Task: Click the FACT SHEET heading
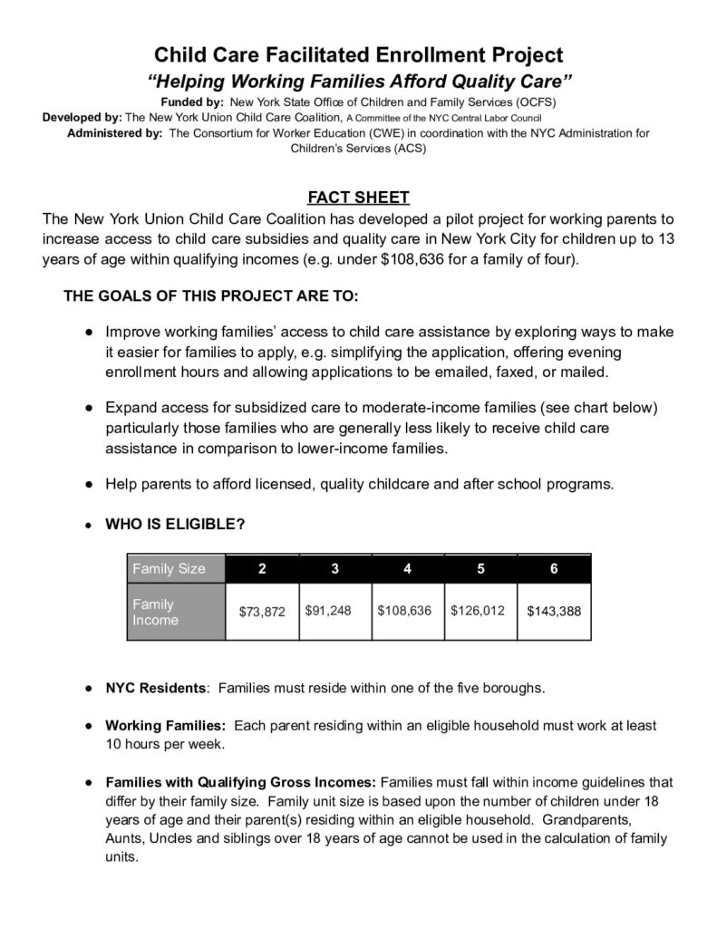(358, 198)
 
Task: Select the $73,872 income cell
(262, 612)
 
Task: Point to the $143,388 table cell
(554, 611)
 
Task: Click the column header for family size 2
(262, 569)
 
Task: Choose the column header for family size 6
(554, 569)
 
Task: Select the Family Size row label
(170, 569)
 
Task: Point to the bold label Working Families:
(165, 726)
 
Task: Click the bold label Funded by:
(192, 101)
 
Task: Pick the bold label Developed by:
(82, 118)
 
